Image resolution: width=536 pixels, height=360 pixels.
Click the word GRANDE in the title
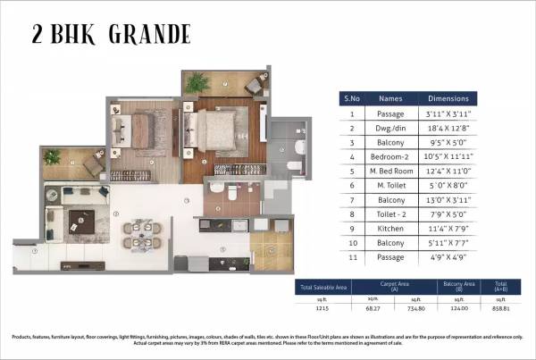point(151,35)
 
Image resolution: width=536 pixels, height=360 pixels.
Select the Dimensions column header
point(448,98)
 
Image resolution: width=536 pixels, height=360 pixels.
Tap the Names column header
point(391,98)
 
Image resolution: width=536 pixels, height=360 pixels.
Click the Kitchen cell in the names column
point(391,229)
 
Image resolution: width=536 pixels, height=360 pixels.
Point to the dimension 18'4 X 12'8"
point(448,128)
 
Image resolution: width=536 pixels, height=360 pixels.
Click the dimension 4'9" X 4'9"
point(448,258)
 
